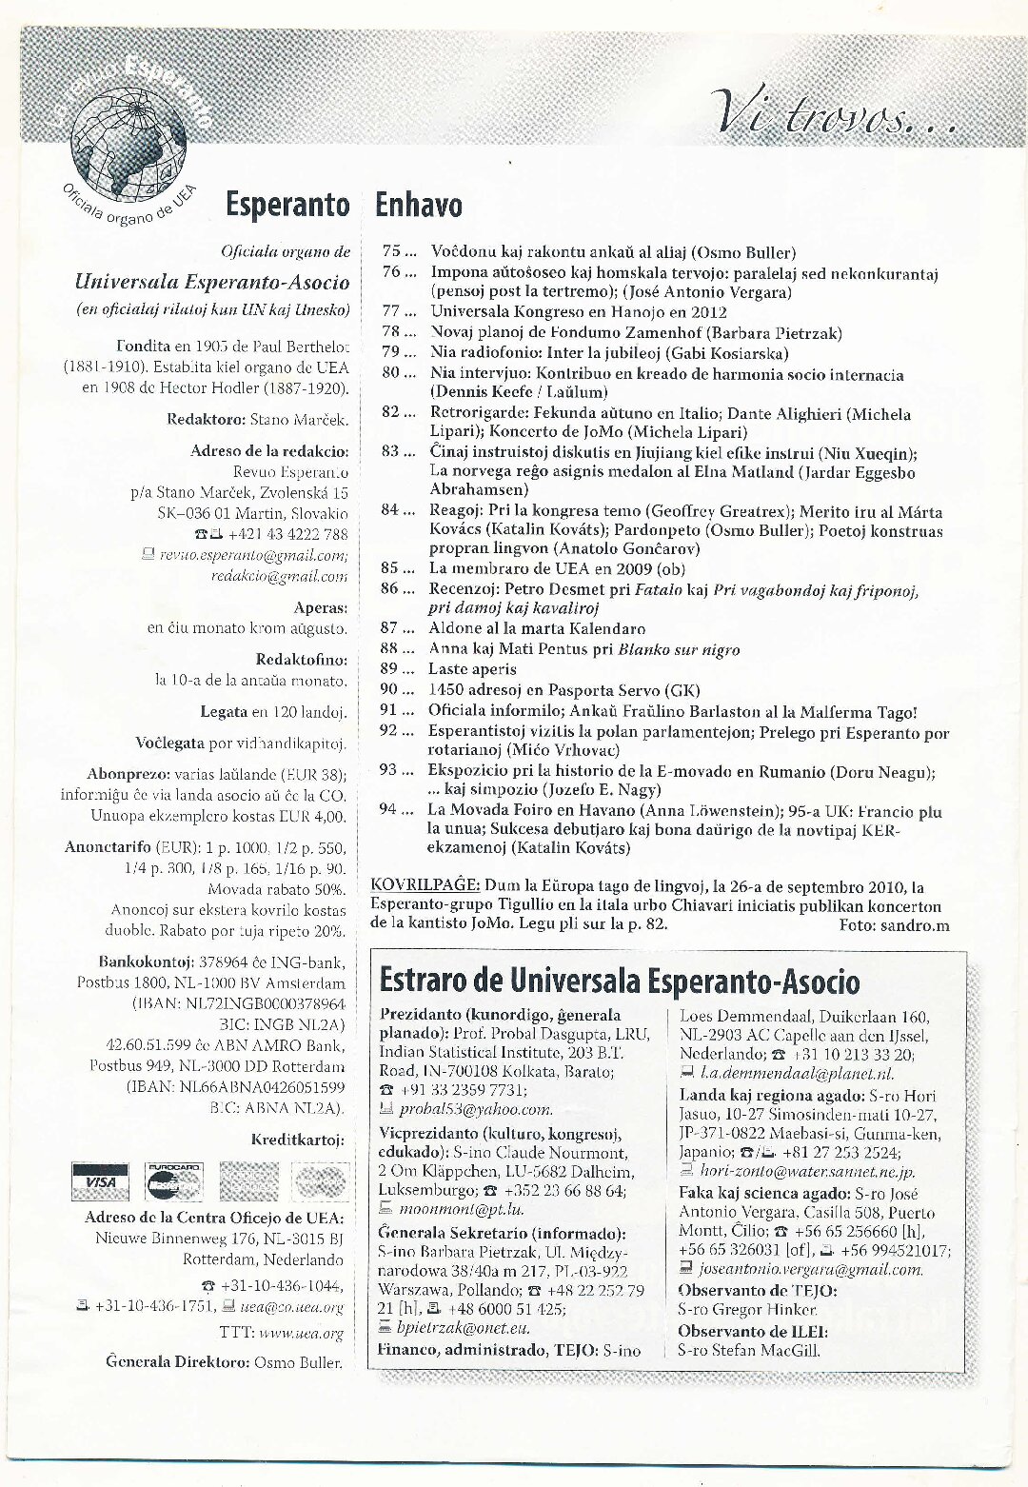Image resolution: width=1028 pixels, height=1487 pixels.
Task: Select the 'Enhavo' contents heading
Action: [419, 205]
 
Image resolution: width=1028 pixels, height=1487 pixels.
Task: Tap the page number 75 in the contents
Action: [392, 252]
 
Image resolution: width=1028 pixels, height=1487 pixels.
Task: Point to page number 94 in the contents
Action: [388, 810]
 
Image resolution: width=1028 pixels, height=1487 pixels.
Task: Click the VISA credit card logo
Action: [100, 1181]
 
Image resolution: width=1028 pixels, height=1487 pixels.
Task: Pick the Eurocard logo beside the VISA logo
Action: [173, 1181]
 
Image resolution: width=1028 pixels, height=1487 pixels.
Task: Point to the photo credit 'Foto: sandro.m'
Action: [894, 924]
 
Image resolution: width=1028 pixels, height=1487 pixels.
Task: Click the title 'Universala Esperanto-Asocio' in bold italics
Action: [211, 282]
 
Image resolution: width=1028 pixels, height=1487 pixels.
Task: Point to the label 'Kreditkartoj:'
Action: [297, 1140]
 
